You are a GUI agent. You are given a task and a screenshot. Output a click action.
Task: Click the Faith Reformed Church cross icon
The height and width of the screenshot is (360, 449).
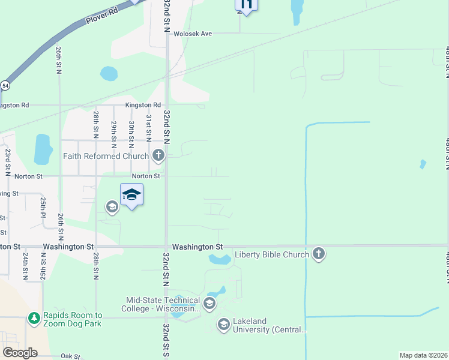tap(158, 156)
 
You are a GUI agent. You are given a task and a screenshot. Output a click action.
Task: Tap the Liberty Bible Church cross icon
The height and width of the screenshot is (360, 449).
tap(319, 254)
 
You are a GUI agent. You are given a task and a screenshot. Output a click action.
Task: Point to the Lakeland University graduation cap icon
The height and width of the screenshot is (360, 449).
tap(223, 325)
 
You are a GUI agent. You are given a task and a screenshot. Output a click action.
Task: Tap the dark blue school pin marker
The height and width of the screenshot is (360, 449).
tap(131, 196)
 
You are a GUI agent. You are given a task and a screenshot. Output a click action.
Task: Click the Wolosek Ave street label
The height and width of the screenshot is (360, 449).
tap(193, 34)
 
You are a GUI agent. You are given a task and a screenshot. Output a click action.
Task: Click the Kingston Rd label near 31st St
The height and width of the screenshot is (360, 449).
tap(143, 105)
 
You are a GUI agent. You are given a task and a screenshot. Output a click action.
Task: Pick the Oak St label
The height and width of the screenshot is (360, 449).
tap(70, 356)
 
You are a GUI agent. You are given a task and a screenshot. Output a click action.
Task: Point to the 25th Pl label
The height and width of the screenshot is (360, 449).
tap(43, 206)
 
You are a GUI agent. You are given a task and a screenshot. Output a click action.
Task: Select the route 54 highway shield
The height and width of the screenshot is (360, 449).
tap(5, 86)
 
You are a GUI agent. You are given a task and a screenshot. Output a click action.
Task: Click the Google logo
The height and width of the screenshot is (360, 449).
tap(20, 353)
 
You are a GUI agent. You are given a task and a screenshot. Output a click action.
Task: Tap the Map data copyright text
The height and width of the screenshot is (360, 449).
tap(423, 355)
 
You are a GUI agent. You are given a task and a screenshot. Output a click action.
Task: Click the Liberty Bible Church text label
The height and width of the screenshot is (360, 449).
tap(271, 254)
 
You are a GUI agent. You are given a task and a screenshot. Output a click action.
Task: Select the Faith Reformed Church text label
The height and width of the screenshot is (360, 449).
tap(106, 157)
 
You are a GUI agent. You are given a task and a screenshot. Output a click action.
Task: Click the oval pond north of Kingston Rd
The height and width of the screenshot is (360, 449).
tap(109, 74)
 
